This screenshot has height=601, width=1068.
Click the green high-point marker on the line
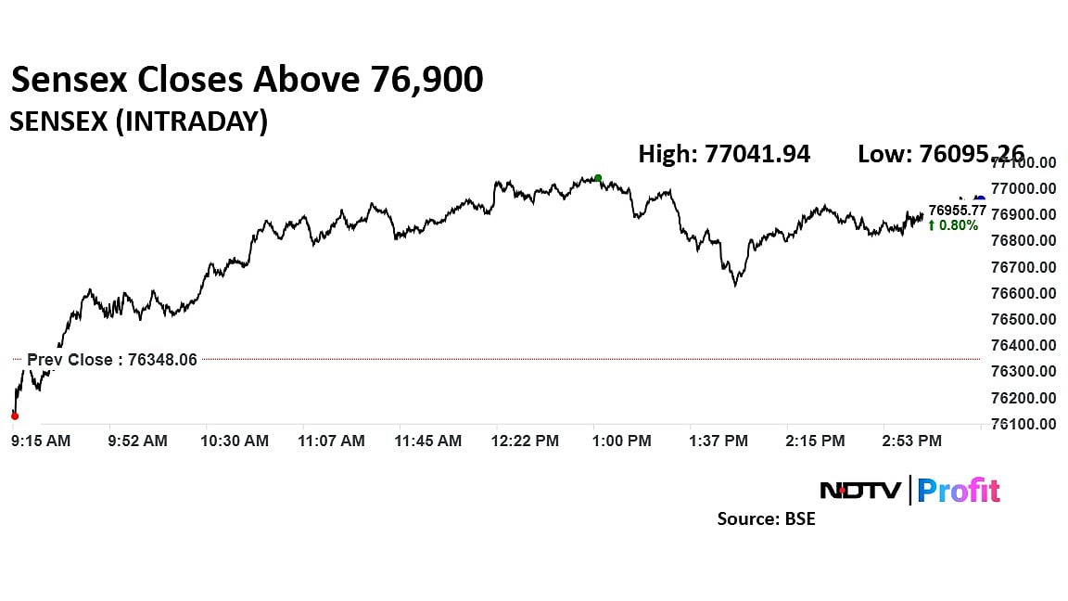(x=598, y=178)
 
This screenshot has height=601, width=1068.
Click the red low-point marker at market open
(x=14, y=416)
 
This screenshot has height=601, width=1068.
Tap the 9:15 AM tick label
(x=41, y=441)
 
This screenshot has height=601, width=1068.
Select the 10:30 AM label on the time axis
(x=235, y=441)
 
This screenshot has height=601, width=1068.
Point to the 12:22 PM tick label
(x=525, y=441)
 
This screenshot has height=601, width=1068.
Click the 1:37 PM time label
(x=719, y=441)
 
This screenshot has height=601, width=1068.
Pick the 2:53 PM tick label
(x=910, y=441)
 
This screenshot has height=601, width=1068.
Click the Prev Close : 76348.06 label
(x=112, y=360)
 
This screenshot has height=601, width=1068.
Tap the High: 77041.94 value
(x=724, y=154)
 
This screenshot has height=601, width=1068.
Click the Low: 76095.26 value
(x=940, y=154)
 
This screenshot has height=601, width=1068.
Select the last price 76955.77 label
(x=957, y=211)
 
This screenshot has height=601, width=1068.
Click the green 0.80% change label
(x=953, y=225)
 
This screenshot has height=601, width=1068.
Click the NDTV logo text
(x=860, y=490)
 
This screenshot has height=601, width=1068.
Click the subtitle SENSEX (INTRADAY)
(x=138, y=121)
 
